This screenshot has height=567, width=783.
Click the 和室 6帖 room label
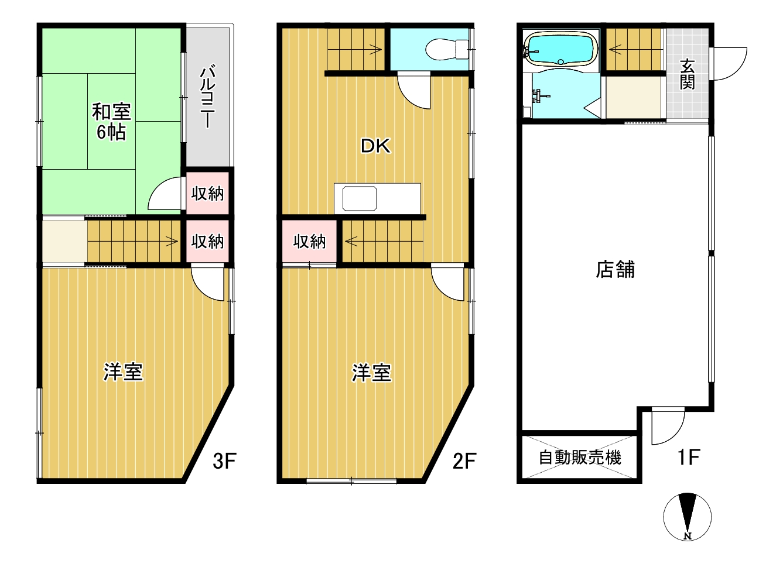click(x=111, y=122)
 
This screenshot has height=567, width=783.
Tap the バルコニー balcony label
click(x=207, y=97)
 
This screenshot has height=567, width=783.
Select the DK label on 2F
click(x=375, y=146)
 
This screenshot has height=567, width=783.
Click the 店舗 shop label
click(x=615, y=270)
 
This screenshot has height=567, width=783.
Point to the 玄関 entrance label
click(x=687, y=74)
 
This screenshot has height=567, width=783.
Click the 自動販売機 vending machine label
click(x=580, y=457)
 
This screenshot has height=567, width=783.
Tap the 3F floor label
click(x=224, y=461)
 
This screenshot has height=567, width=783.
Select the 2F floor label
click(x=464, y=461)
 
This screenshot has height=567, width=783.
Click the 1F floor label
click(x=689, y=457)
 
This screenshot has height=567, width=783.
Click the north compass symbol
click(x=688, y=517)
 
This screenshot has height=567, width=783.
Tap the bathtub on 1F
click(x=560, y=48)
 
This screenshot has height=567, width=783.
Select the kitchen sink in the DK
click(x=360, y=198)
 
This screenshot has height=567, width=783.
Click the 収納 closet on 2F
click(x=309, y=241)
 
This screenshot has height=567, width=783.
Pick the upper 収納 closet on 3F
click(x=207, y=193)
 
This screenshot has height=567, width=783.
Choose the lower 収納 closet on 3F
click(x=207, y=241)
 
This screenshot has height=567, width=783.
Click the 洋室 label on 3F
click(x=123, y=372)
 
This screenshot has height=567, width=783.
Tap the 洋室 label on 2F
click(x=371, y=373)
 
